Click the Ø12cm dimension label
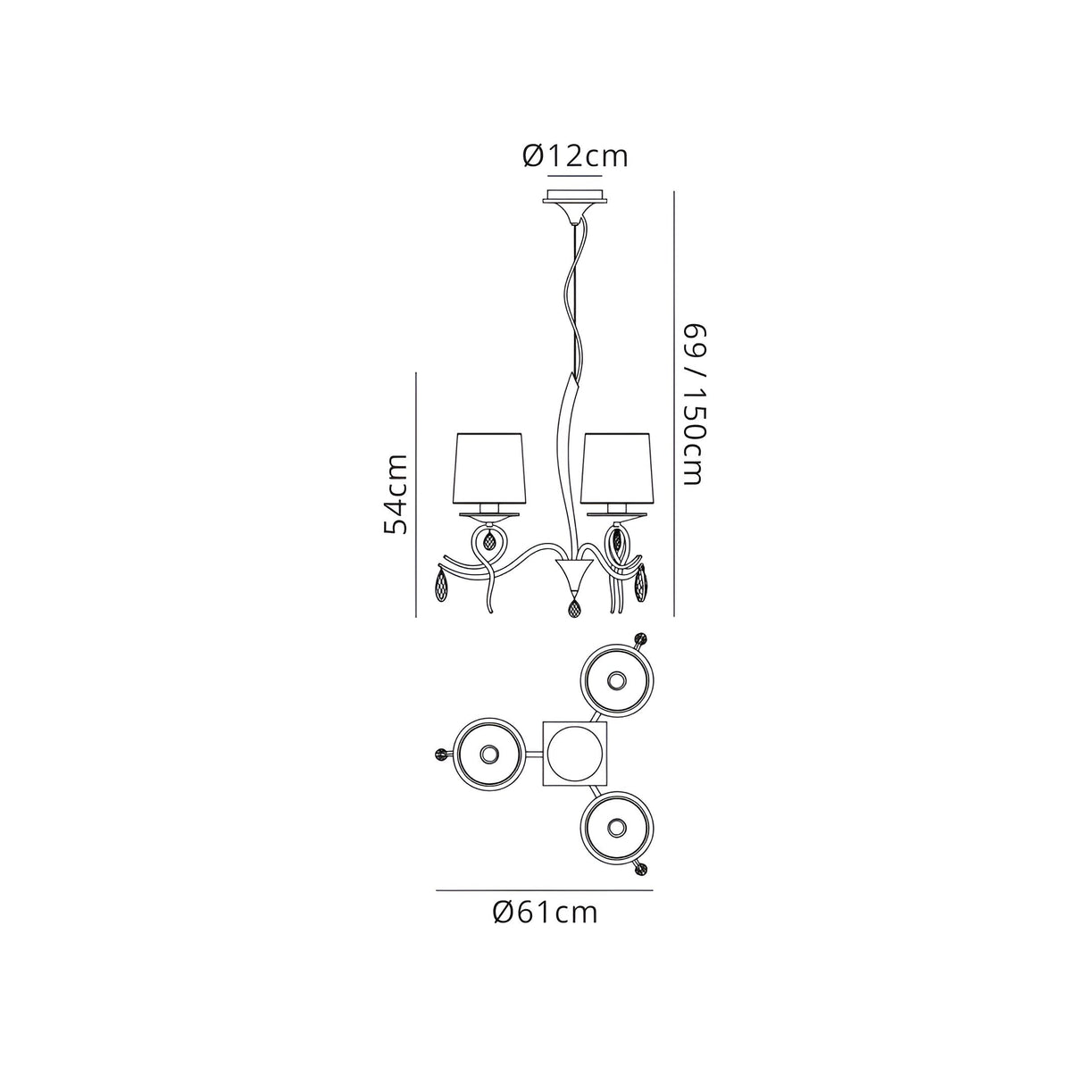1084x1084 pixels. [574, 156]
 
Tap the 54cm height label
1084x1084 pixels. [395, 494]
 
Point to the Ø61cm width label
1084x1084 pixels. [545, 928]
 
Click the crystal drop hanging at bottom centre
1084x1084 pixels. [574, 607]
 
